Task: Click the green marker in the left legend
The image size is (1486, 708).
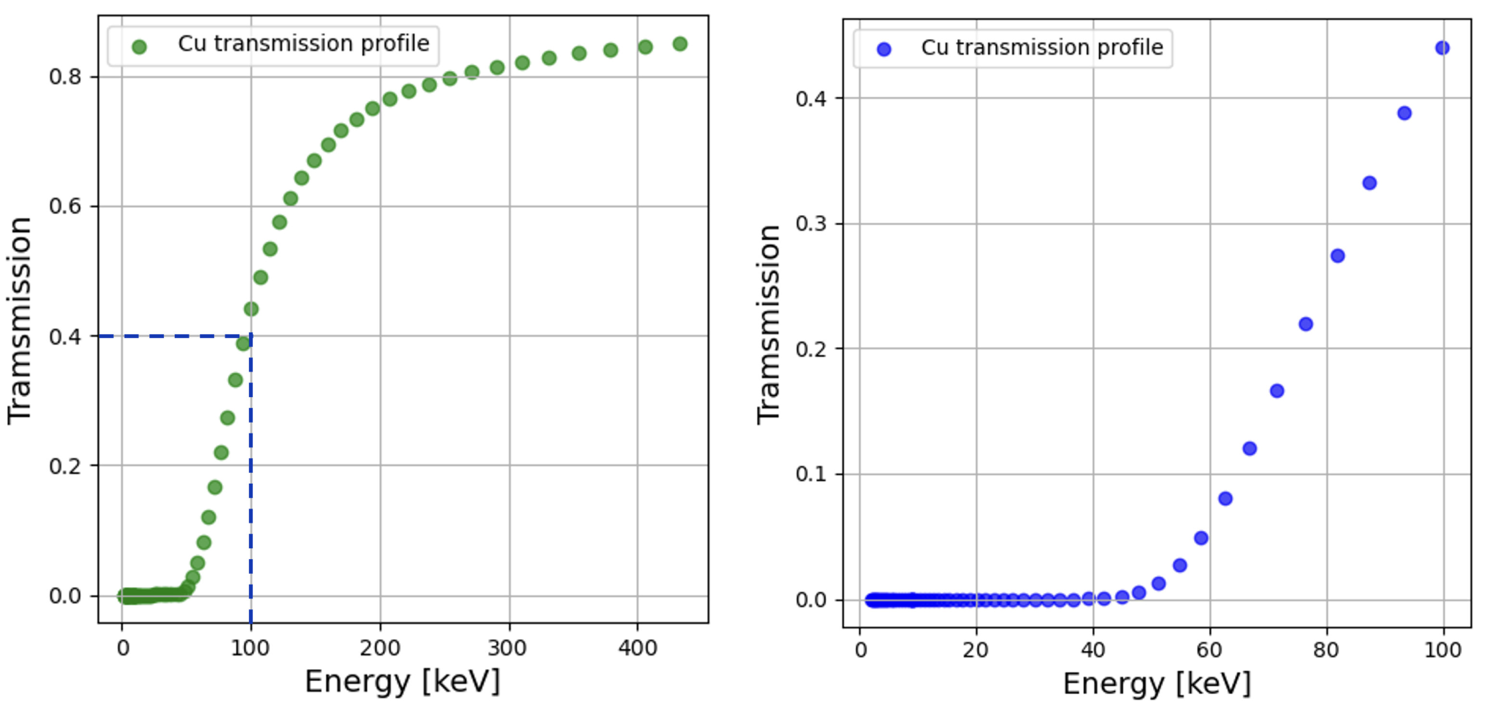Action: coord(139,47)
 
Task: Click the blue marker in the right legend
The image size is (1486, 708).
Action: coord(883,50)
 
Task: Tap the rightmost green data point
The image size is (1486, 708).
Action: coord(680,44)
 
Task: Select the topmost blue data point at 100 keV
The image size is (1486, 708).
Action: coord(1442,48)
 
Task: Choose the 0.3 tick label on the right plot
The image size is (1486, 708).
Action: coord(811,223)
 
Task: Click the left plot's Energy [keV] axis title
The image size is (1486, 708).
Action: coord(402,682)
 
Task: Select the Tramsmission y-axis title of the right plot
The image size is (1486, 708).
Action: coord(768,325)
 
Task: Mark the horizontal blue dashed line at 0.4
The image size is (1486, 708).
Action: coord(173,336)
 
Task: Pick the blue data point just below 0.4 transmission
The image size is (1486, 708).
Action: coord(1404,113)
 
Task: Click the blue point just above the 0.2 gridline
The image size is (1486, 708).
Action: coord(1306,324)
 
